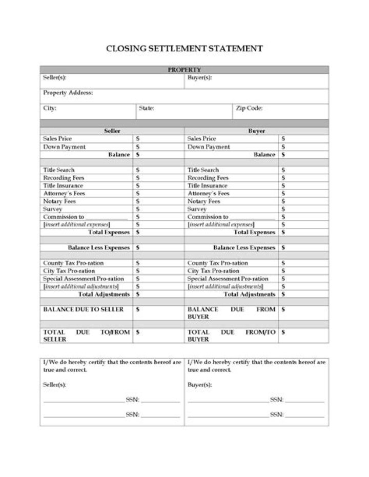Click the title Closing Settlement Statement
[184, 49]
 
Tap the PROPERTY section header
[184, 70]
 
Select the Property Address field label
[68, 93]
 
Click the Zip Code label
[249, 109]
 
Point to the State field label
[146, 109]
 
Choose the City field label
[50, 109]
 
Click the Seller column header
[112, 131]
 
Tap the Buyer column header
[256, 131]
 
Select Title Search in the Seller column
[58, 170]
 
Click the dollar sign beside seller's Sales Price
[137, 139]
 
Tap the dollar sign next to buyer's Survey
[283, 209]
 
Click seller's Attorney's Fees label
[64, 194]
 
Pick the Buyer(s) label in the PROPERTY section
[200, 78]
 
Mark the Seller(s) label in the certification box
[54, 384]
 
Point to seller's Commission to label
[64, 217]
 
